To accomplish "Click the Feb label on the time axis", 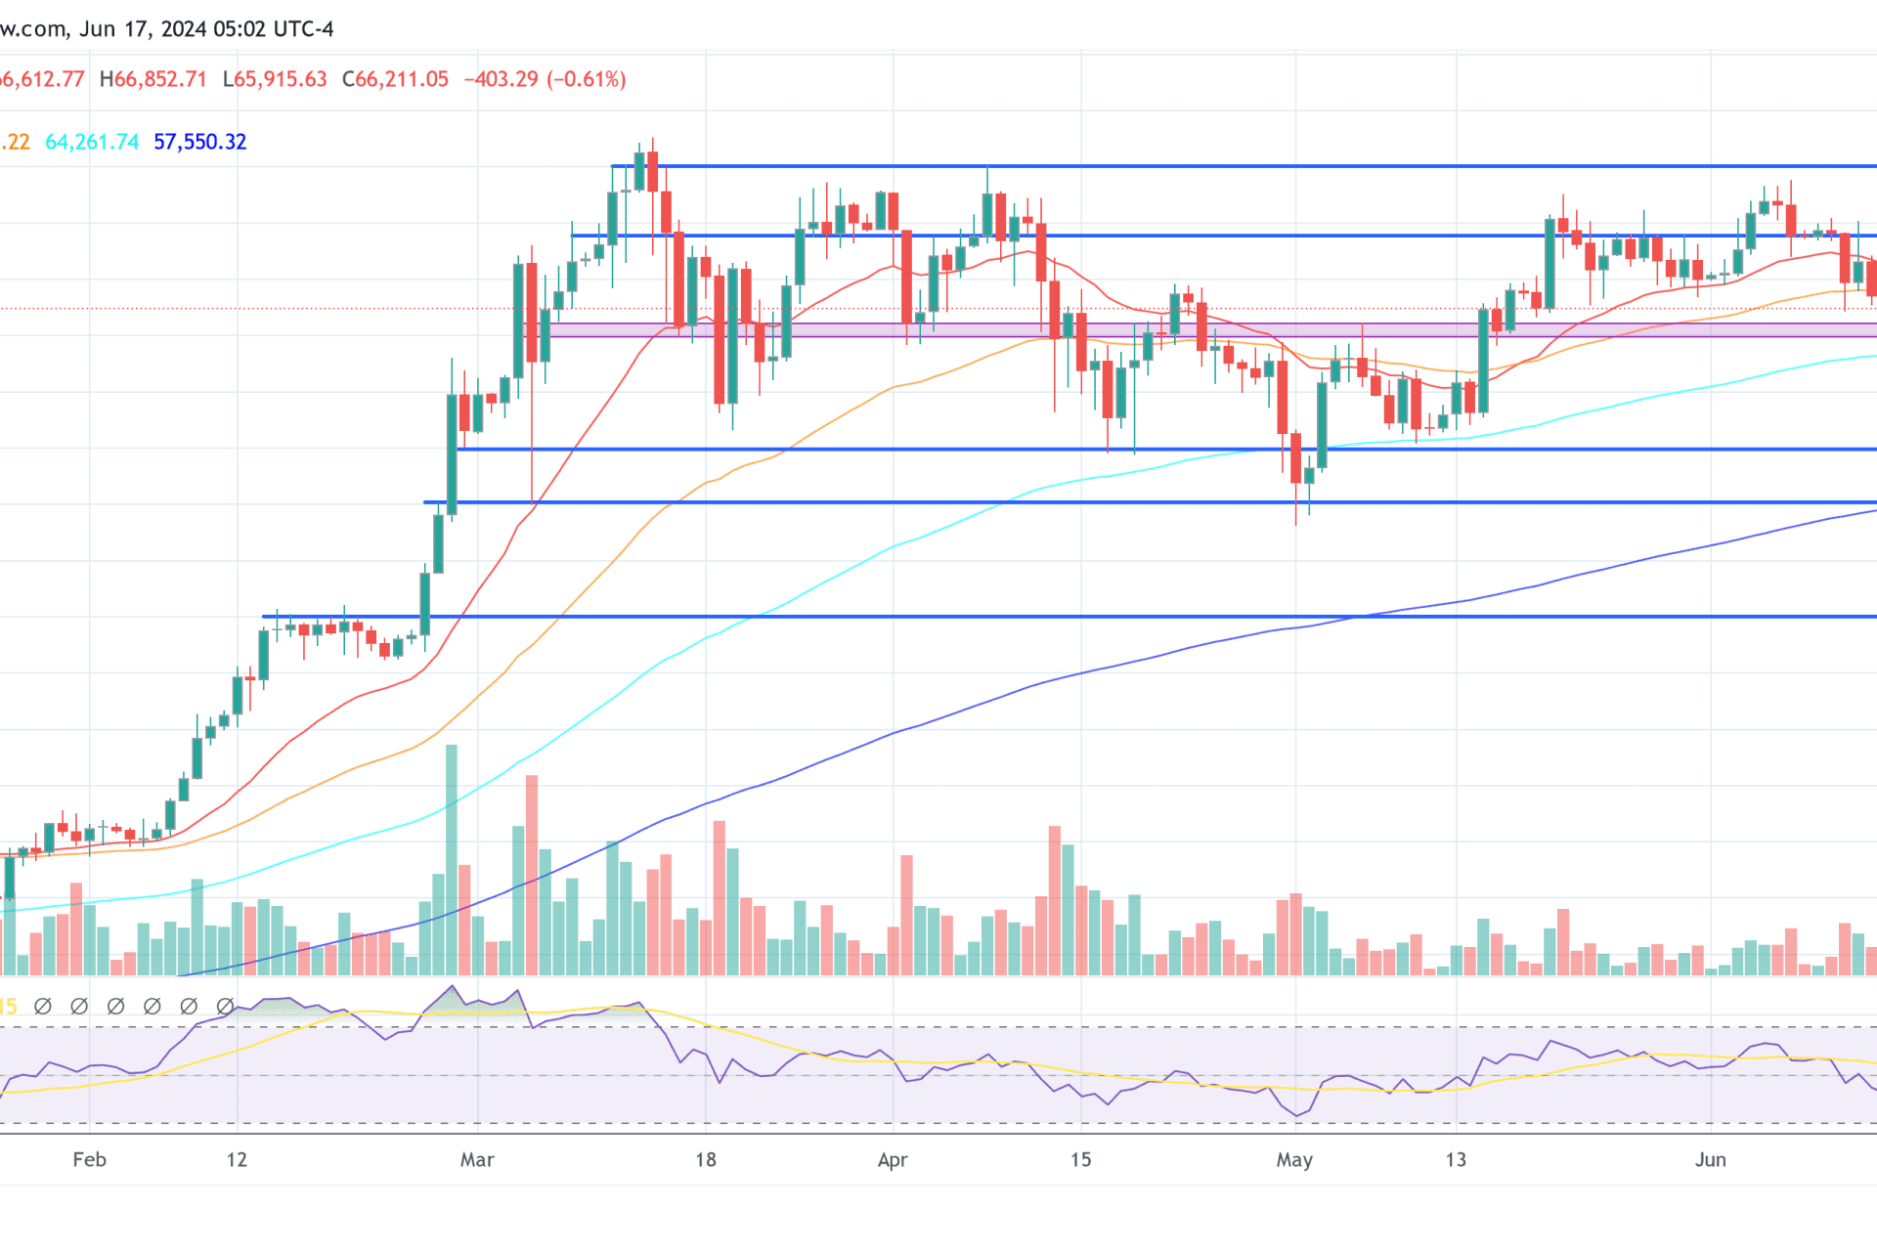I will click(x=89, y=1160).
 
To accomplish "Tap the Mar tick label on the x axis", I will click(x=477, y=1160).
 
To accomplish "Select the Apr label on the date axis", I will click(x=892, y=1160).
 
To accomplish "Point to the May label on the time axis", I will click(x=1294, y=1160).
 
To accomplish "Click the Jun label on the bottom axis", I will click(x=1710, y=1160).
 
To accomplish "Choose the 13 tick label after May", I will click(x=1456, y=1160).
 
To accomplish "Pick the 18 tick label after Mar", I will click(x=706, y=1160).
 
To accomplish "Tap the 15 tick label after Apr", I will click(x=1080, y=1160).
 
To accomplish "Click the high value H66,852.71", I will click(x=153, y=79).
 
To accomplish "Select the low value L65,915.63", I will click(x=275, y=79).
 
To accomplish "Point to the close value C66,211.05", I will click(x=395, y=79).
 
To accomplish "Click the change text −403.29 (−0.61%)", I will click(x=545, y=79).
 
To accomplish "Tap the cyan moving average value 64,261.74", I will click(x=92, y=142).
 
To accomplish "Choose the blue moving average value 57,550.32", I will click(x=200, y=142).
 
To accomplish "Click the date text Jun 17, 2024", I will click(x=142, y=29).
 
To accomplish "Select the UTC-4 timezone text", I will click(x=303, y=29).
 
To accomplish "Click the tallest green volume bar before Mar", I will click(x=452, y=860).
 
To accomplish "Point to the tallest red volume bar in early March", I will click(x=532, y=875).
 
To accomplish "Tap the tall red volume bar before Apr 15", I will click(x=1055, y=899).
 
